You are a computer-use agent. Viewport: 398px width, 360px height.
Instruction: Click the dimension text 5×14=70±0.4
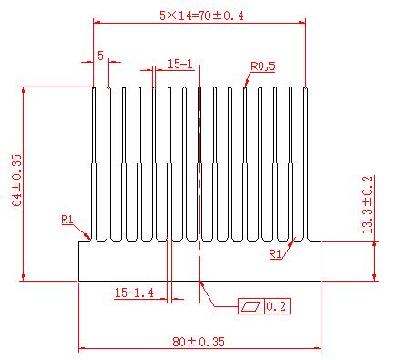pyautogui.click(x=201, y=15)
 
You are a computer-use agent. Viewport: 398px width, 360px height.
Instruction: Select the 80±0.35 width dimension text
pyautogui.click(x=199, y=342)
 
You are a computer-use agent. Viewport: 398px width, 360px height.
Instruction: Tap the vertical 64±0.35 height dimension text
pyautogui.click(x=17, y=180)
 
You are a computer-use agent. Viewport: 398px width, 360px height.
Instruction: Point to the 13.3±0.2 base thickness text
pyautogui.click(x=367, y=204)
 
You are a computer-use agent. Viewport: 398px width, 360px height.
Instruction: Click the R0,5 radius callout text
pyautogui.click(x=263, y=67)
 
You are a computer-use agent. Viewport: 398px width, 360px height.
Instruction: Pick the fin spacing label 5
pyautogui.click(x=100, y=56)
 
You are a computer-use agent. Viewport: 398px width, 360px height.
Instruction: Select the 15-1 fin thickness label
pyautogui.click(x=180, y=64)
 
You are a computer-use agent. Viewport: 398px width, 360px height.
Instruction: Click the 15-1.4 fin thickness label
pyautogui.click(x=134, y=293)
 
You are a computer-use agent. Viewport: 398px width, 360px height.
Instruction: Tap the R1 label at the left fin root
pyautogui.click(x=67, y=220)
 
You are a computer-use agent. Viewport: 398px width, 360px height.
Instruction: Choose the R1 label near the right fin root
pyautogui.click(x=275, y=254)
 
